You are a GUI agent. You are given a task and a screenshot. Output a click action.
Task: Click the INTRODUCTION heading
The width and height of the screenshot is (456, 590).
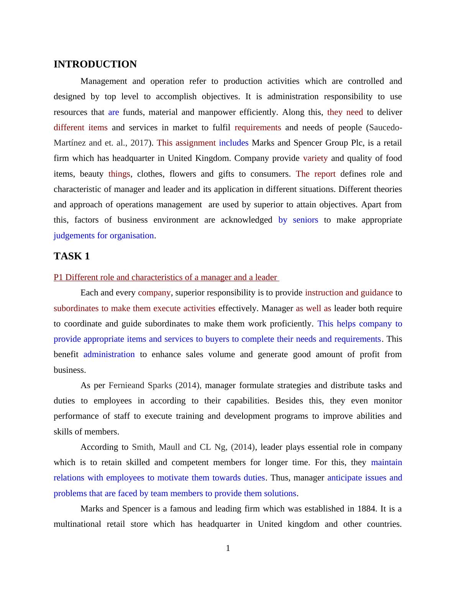(x=95, y=64)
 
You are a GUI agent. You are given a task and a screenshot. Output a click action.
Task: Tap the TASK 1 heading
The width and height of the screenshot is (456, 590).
(x=72, y=256)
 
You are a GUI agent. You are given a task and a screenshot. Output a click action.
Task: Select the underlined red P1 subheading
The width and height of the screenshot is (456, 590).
(x=165, y=277)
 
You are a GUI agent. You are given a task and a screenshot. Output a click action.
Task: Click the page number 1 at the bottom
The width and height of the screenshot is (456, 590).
(x=228, y=549)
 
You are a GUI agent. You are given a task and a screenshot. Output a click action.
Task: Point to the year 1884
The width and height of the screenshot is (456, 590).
(x=367, y=509)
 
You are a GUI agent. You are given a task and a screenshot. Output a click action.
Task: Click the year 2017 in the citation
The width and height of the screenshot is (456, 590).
(x=140, y=143)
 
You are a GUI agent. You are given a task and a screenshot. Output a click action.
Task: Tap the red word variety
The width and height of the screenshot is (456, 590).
(x=315, y=158)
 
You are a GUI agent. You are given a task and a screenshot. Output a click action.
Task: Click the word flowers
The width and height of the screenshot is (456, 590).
(x=185, y=174)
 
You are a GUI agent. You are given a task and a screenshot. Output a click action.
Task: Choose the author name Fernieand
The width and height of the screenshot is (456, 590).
(x=126, y=385)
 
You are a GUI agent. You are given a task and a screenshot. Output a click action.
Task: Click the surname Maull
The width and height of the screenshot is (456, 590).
(x=169, y=447)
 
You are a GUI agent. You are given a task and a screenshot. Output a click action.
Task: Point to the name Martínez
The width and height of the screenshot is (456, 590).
(x=70, y=143)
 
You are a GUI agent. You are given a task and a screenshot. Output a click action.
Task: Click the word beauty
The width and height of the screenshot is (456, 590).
(x=92, y=174)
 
